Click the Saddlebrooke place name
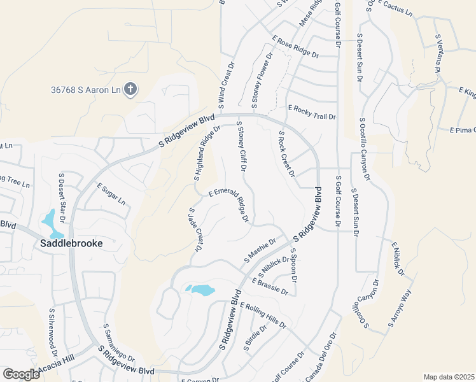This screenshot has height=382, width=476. [71, 243]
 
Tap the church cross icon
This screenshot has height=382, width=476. [130, 89]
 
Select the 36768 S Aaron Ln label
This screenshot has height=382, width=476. [86, 90]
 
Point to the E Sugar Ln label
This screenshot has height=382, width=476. [111, 194]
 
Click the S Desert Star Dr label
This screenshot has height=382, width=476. [62, 196]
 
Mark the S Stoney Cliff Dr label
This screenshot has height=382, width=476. [241, 147]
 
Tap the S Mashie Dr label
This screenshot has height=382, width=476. [260, 251]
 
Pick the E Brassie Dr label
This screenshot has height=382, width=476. [270, 286]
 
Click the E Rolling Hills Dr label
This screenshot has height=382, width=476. [263, 315]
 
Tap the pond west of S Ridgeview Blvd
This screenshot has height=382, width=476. [200, 290]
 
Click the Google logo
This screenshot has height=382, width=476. [21, 374]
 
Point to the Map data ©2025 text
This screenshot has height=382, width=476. [448, 377]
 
